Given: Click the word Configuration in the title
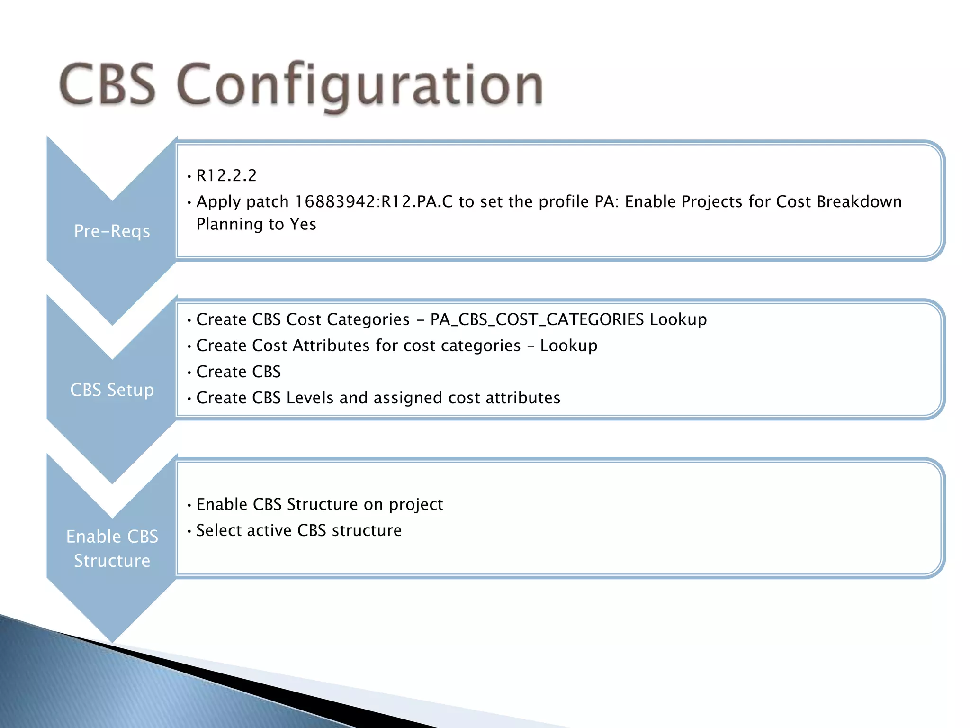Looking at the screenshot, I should coord(360,85).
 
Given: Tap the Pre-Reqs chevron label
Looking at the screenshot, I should coord(112,231).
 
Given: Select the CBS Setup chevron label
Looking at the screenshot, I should coord(112,390).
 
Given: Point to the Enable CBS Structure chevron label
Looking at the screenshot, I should coord(112,549).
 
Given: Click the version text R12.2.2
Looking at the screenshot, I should coord(226,176).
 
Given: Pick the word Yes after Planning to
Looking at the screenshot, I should coord(303,224).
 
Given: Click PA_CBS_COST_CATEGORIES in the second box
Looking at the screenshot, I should coord(537,320).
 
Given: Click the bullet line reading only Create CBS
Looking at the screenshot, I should coord(238,372).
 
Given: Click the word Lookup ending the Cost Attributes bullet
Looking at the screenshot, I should coord(568,346).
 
